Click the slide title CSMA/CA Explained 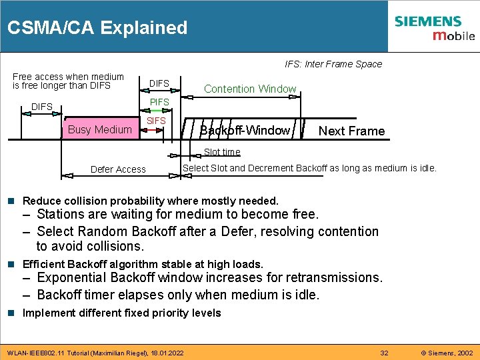pyautogui.click(x=97, y=28)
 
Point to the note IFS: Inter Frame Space pyautogui.click(x=333, y=64)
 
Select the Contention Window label pyautogui.click(x=250, y=89)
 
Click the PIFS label pyautogui.click(x=159, y=102)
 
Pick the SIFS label pyautogui.click(x=156, y=121)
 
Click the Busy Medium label pyautogui.click(x=100, y=129)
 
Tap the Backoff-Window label pyautogui.click(x=245, y=130)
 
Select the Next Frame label pyautogui.click(x=351, y=131)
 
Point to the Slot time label pyautogui.click(x=222, y=152)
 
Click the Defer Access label pyautogui.click(x=118, y=169)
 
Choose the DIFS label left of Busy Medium pyautogui.click(x=42, y=107)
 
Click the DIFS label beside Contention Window pyautogui.click(x=159, y=83)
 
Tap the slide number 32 pyautogui.click(x=384, y=352)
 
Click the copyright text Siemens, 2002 pyautogui.click(x=447, y=352)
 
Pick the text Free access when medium pyautogui.click(x=68, y=77)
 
